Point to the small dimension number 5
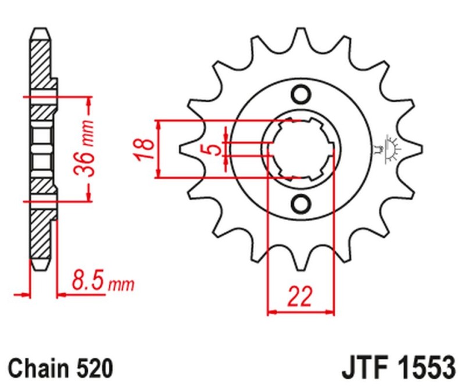[212, 150]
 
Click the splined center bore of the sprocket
[301, 149]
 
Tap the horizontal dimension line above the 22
[301, 312]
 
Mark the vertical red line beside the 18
[158, 149]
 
